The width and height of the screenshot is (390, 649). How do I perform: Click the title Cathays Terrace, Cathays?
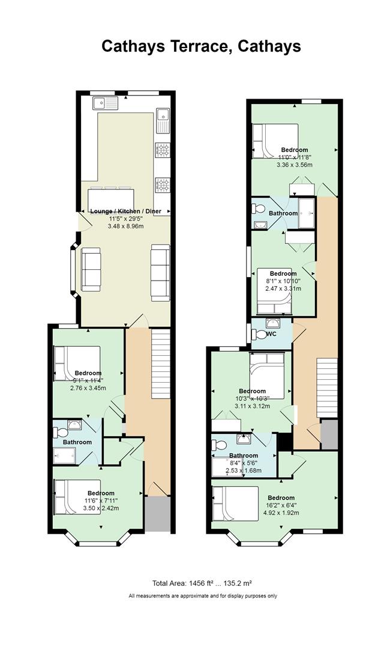201,46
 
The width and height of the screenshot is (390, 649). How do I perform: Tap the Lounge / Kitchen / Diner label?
125,211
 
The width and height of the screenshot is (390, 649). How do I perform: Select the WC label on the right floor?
271,334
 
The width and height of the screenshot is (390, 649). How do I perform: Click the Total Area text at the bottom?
202,583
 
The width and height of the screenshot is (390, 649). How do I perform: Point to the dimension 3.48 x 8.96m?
125,227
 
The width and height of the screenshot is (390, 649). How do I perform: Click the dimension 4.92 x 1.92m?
281,513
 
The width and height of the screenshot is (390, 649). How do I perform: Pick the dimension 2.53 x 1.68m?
244,471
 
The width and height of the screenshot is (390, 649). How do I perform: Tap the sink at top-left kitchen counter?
106,102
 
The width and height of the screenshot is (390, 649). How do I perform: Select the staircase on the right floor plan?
327,388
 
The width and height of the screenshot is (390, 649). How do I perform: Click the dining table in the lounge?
112,200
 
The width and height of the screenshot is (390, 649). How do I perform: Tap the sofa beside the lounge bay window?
91,269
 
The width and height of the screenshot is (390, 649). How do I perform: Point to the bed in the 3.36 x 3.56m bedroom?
275,141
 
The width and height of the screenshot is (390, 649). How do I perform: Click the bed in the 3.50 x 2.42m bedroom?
77,497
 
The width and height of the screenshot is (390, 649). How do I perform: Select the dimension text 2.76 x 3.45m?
88,388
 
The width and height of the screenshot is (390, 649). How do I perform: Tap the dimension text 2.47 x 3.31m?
283,288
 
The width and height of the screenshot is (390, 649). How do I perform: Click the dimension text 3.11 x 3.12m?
252,406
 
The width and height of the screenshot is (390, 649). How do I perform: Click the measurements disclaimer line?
203,596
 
